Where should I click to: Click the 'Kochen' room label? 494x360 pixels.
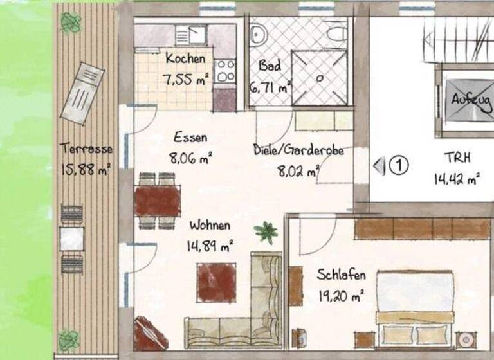[x=185, y=59]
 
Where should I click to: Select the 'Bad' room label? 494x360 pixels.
[x=270, y=66]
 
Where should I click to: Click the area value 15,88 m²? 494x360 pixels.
[x=86, y=169]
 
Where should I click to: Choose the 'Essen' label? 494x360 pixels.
[x=190, y=137]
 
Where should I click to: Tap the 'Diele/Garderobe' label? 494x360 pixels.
[x=298, y=151]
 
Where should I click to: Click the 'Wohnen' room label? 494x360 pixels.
[x=209, y=226]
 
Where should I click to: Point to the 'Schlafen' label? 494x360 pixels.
[x=341, y=275]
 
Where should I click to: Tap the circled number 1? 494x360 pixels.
[x=399, y=166]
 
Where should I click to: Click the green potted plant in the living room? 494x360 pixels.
[x=265, y=231]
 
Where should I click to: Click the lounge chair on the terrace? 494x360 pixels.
[x=82, y=93]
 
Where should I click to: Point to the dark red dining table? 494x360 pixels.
[x=158, y=201]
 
